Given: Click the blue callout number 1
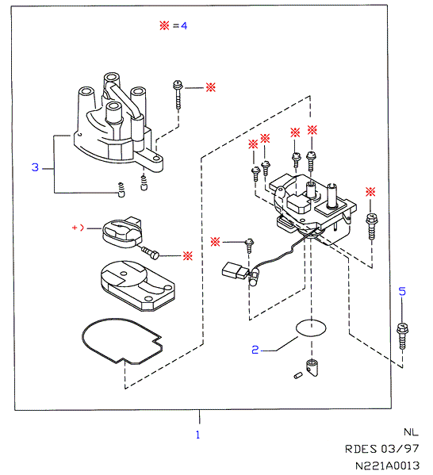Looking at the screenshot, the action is pos(198,435).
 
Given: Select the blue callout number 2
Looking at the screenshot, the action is pos(255,350).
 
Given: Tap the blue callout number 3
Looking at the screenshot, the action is pos(35,167).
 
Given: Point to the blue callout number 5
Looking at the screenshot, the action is pos(402,291).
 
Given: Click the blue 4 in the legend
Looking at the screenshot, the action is pos(184,25).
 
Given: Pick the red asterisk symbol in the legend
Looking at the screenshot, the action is pos(164,25).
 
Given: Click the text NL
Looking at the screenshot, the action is pos(411,432).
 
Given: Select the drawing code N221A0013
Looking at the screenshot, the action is pos(387,465).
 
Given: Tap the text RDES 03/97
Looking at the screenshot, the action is pos(381,449).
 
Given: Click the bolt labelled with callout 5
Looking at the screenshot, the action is pos(402,336).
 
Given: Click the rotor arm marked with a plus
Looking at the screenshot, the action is pos(122,232).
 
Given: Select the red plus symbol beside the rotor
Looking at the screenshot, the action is pos(75,228).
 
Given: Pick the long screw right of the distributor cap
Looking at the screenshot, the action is pos(178,94).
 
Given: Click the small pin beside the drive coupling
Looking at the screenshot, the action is pos(298,375).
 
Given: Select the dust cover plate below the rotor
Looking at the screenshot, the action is pos(137,285).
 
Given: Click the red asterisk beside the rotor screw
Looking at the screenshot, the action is pos(188,256).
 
